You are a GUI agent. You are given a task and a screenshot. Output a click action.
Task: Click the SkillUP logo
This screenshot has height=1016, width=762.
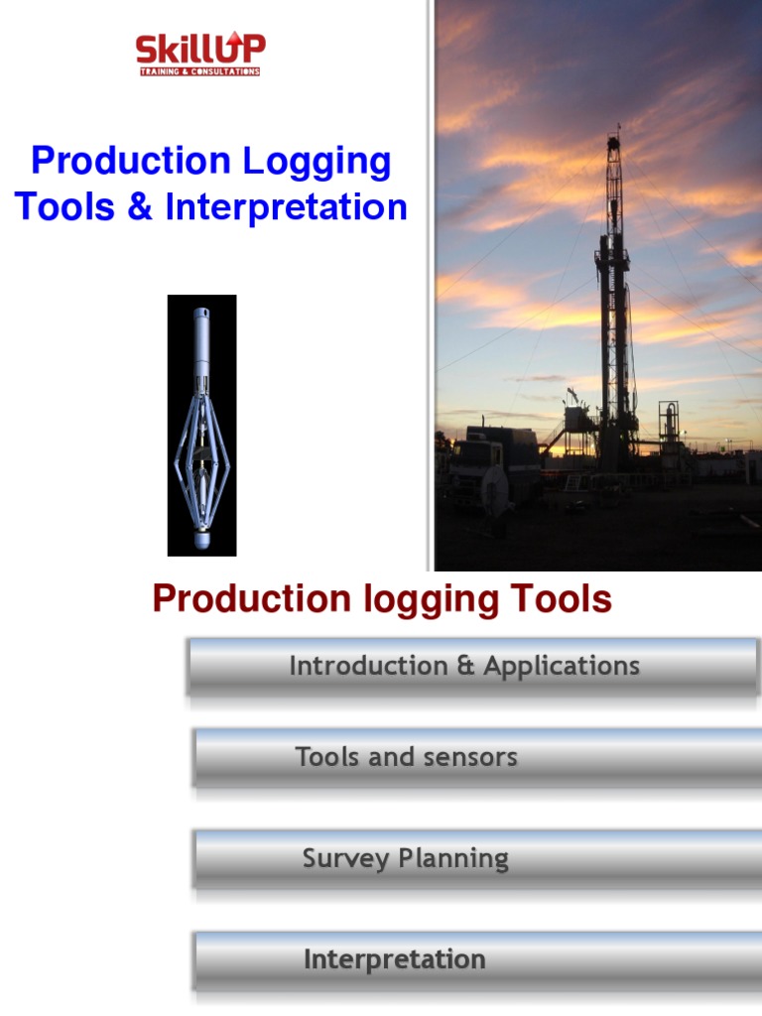point(199,54)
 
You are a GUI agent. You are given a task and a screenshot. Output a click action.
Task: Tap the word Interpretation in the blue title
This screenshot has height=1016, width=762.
point(287,207)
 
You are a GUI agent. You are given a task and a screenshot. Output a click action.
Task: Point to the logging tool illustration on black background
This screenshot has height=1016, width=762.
point(201,425)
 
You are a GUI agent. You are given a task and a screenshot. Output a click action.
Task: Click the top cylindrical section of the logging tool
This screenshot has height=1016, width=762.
point(201,332)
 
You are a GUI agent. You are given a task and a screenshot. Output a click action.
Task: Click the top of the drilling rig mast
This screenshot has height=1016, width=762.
point(616,139)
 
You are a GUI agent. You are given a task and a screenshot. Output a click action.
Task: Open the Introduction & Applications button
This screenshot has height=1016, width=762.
point(472,667)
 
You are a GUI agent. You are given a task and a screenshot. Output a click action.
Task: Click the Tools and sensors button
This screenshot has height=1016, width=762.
point(476,758)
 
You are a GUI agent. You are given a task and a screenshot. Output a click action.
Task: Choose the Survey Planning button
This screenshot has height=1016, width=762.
point(476,859)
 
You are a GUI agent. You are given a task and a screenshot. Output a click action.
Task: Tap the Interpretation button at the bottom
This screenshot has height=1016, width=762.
point(476,959)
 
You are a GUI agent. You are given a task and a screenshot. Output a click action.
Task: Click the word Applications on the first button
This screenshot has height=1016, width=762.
point(562,667)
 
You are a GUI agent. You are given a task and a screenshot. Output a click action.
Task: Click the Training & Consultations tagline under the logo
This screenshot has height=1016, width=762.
point(197,71)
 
